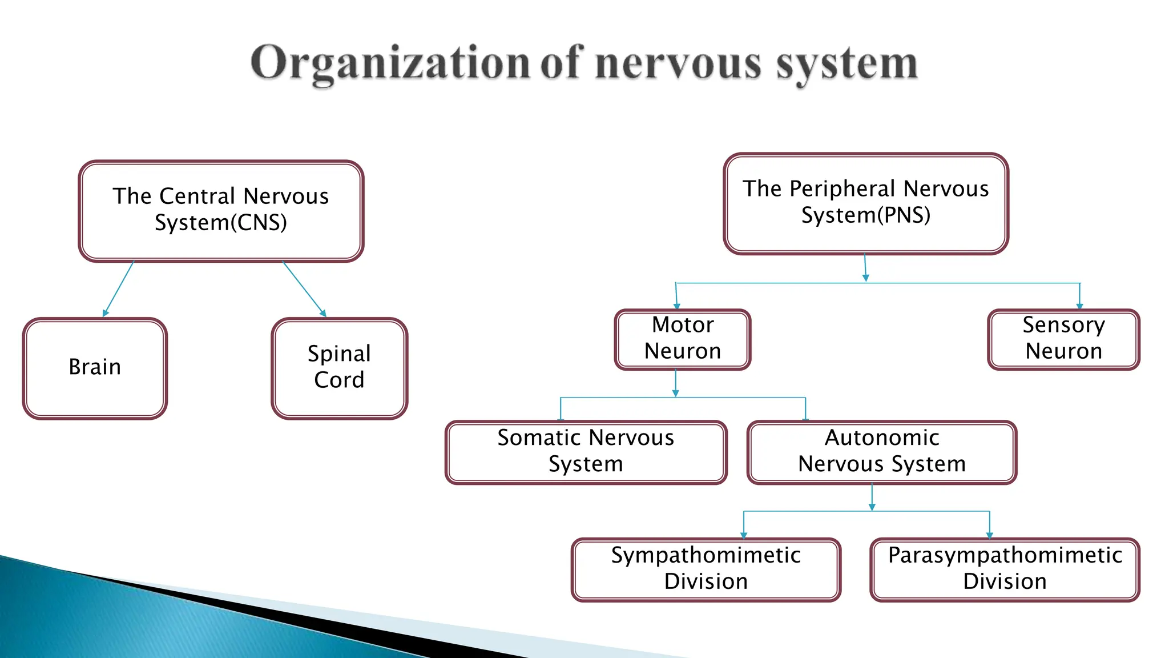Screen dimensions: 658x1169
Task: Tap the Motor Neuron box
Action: pyautogui.click(x=682, y=339)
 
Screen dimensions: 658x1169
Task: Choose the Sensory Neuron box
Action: pyautogui.click(x=1063, y=339)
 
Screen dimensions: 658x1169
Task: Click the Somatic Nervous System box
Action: pyautogui.click(x=586, y=452)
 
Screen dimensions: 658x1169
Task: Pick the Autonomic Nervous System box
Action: pyautogui.click(x=881, y=452)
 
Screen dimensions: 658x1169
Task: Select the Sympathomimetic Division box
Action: pyautogui.click(x=706, y=569)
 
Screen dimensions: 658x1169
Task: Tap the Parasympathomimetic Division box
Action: pyautogui.click(x=1005, y=569)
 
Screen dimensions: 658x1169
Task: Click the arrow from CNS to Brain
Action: pyautogui.click(x=119, y=289)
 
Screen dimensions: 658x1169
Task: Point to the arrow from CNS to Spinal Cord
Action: pyautogui.click(x=304, y=289)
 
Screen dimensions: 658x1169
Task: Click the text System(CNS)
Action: pyautogui.click(x=220, y=223)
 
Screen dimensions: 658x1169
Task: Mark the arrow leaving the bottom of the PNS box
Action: pyautogui.click(x=865, y=267)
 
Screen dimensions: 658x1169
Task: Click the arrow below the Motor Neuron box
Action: pyautogui.click(x=675, y=383)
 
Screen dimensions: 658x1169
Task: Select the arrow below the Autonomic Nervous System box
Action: pyautogui.click(x=872, y=497)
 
